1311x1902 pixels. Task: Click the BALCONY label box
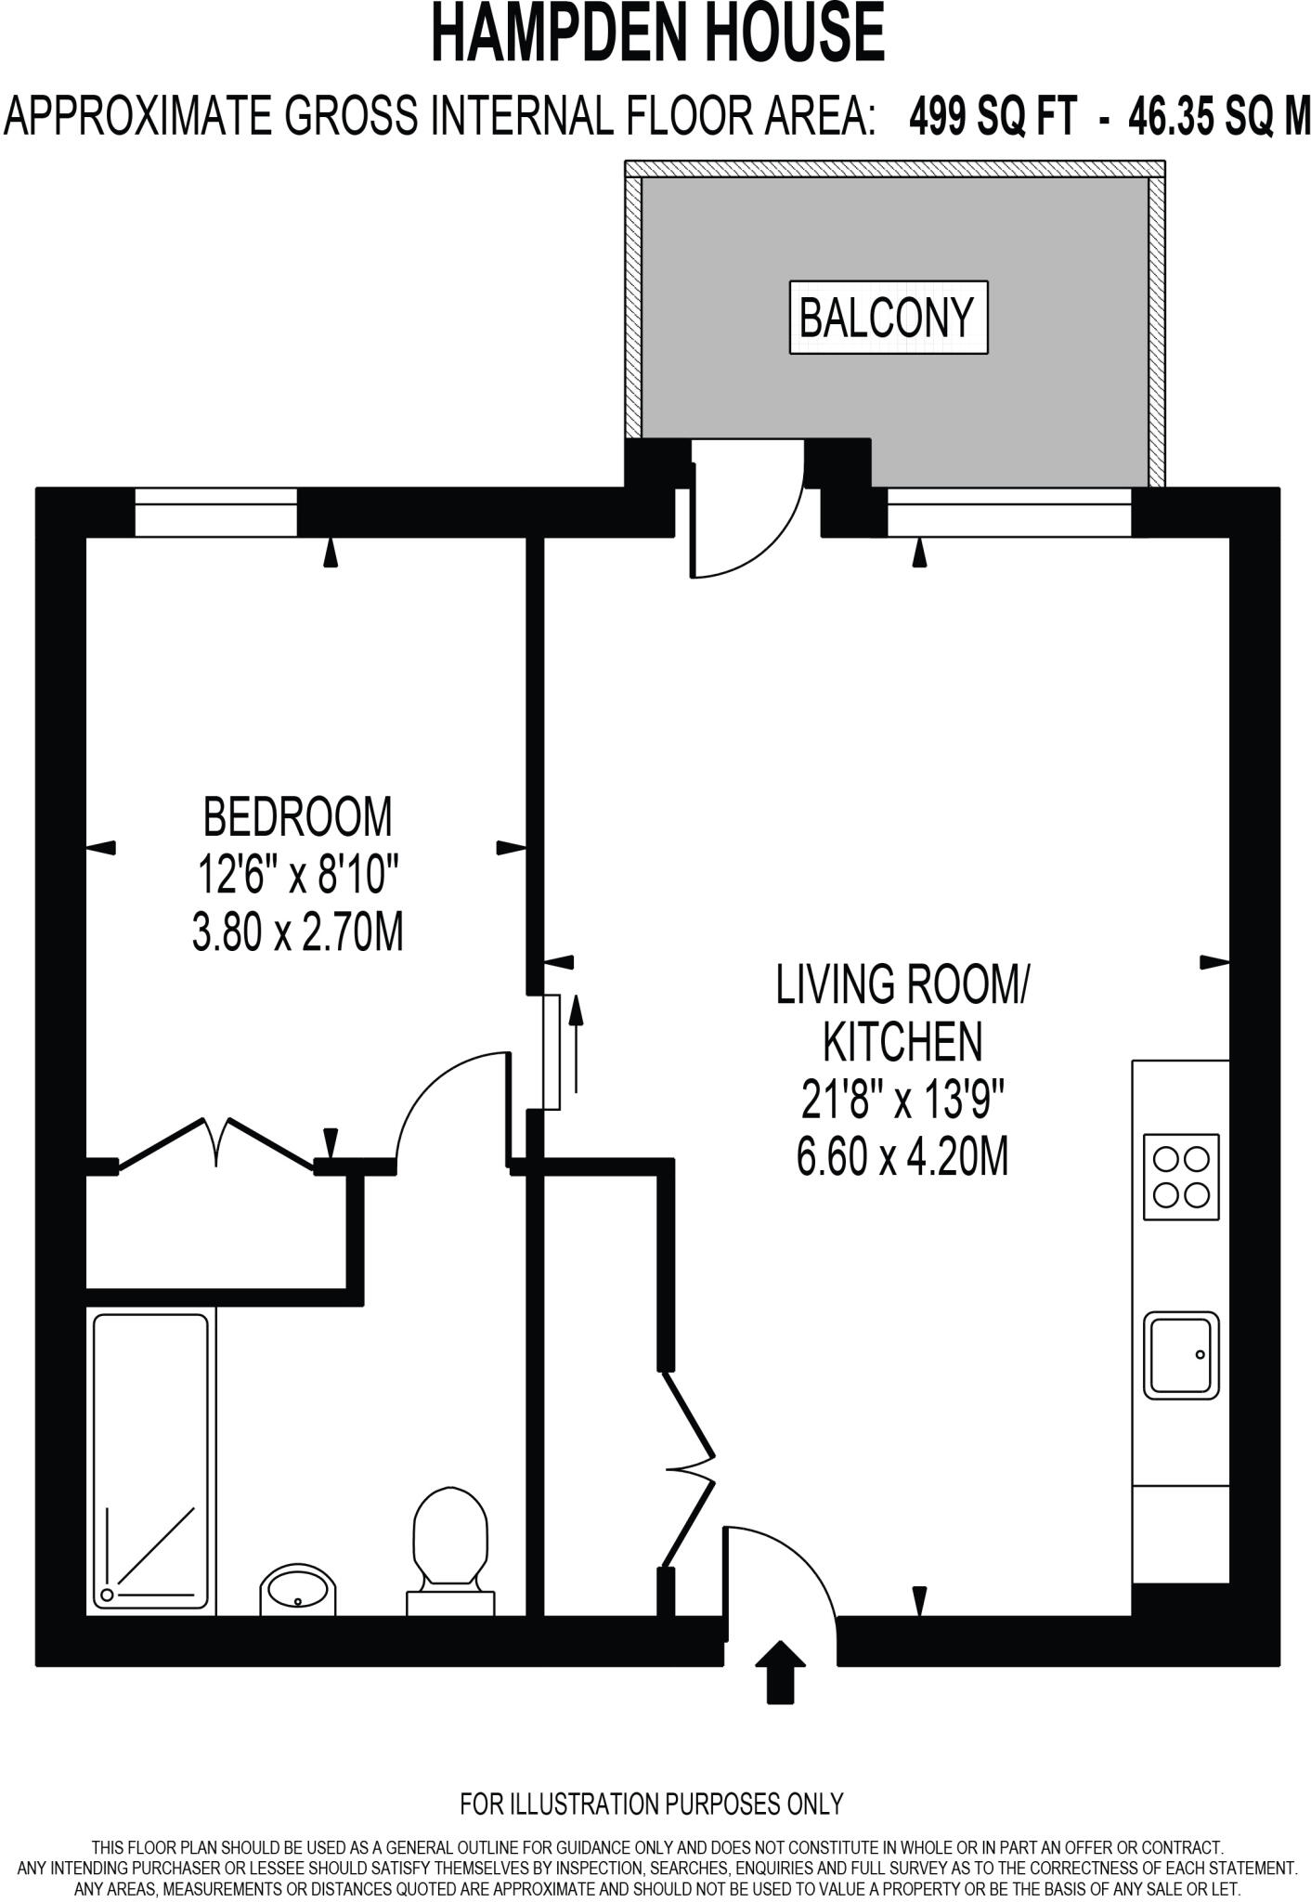[x=888, y=317]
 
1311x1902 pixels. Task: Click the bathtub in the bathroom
[x=150, y=1461]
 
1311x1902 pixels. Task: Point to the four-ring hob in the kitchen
[x=1181, y=1176]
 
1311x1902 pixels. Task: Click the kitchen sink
[x=1181, y=1355]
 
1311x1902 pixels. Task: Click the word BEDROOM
[x=298, y=816]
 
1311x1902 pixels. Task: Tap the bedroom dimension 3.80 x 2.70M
[x=298, y=931]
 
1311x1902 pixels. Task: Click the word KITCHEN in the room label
[x=903, y=1042]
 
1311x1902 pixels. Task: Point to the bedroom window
[x=215, y=512]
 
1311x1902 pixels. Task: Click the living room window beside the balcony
[x=1009, y=512]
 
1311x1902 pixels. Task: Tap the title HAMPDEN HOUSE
[x=657, y=34]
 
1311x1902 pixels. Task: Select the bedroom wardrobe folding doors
[x=215, y=1142]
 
